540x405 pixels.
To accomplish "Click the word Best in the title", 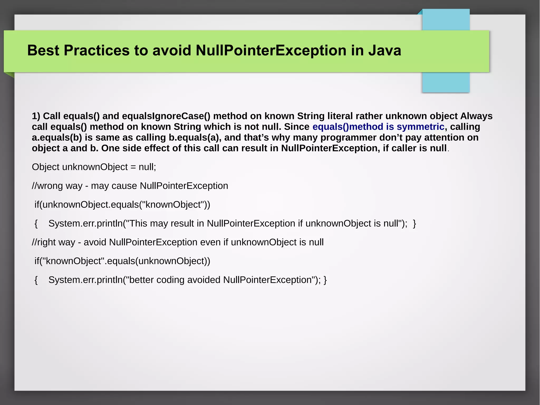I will point(43,50).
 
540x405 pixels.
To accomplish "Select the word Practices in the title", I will point(97,50).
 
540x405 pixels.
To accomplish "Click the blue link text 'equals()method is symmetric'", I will point(378,127).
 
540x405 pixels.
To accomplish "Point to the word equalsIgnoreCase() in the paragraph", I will point(166,116).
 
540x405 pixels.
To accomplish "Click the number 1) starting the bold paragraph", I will point(36,116).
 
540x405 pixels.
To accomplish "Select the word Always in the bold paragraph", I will point(476,116).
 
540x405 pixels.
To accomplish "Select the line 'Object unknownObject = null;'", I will point(94,167).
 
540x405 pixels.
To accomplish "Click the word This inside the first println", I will point(138,223).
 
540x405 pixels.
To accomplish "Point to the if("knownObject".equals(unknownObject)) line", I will point(122,261).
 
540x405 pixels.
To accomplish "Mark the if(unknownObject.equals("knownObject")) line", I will point(122,205).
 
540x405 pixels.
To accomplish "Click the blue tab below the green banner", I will point(446,82).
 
